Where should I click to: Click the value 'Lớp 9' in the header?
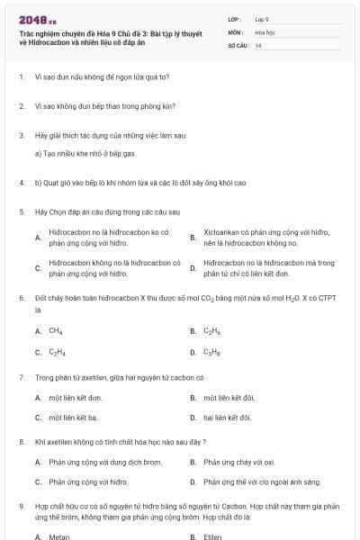[x=262, y=18]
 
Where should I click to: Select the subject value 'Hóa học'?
[x=265, y=31]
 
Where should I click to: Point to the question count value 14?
[x=258, y=45]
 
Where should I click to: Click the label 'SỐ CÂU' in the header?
[x=238, y=45]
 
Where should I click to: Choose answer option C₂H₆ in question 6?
[x=212, y=331]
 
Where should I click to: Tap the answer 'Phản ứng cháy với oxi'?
[x=239, y=462]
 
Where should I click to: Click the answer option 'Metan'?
[x=58, y=536]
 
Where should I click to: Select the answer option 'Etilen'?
[x=213, y=536]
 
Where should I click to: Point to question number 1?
[x=21, y=77]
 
